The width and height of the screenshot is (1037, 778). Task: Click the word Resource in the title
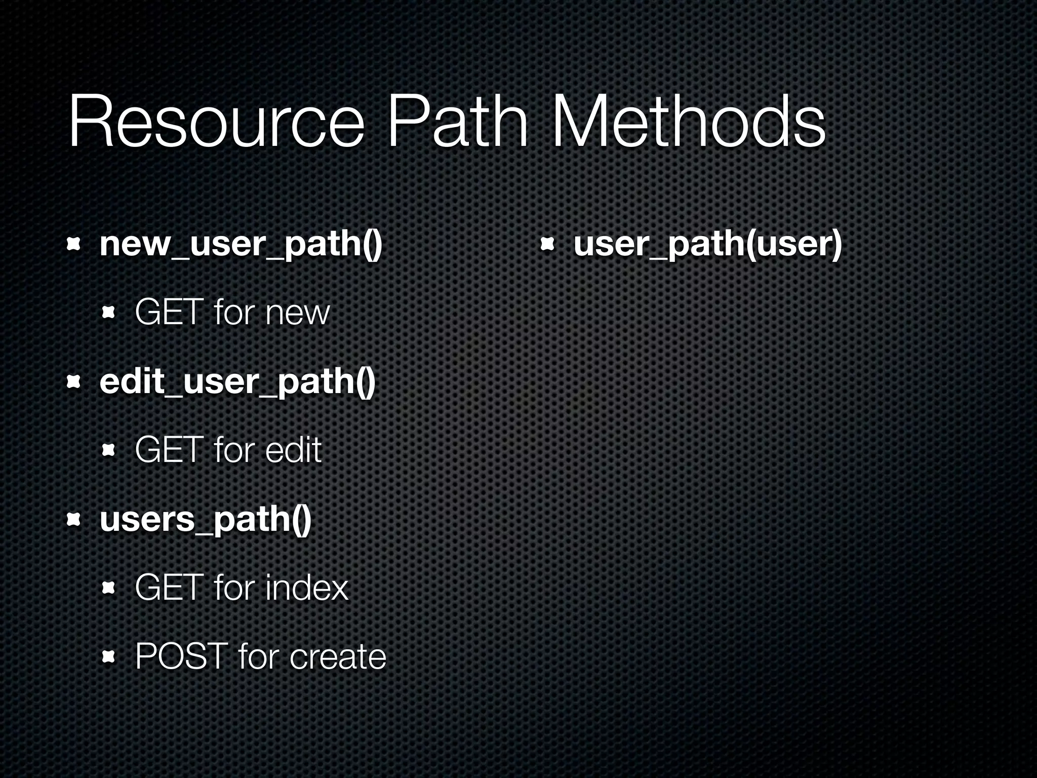pyautogui.click(x=215, y=123)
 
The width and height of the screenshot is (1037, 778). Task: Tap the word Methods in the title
pyautogui.click(x=689, y=123)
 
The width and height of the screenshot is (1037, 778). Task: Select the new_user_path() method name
pyautogui.click(x=241, y=245)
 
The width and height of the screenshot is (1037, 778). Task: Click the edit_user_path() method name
pyautogui.click(x=237, y=382)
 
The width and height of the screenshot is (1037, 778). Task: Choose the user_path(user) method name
pyautogui.click(x=708, y=245)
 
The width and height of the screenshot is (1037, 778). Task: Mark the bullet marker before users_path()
pyautogui.click(x=74, y=520)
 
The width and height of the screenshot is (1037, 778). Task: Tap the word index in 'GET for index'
pyautogui.click(x=307, y=588)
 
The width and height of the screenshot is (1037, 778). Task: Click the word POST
pyautogui.click(x=181, y=656)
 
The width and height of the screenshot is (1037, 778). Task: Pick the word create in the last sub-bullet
pyautogui.click(x=338, y=656)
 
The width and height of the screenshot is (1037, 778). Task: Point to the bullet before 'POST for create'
pyautogui.click(x=109, y=657)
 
